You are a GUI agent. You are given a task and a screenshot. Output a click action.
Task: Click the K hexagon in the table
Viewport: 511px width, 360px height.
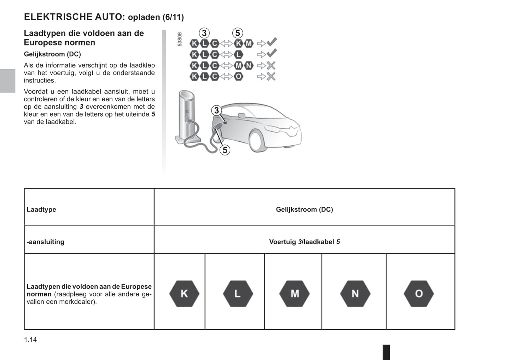(x=184, y=294)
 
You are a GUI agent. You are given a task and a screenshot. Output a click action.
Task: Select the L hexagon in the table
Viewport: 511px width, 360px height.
(x=238, y=294)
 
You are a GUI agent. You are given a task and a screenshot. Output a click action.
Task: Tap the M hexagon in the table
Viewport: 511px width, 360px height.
(x=295, y=294)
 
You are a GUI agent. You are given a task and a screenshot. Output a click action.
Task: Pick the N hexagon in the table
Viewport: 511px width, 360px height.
(x=355, y=294)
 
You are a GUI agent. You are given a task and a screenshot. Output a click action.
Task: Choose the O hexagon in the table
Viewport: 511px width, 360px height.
(x=419, y=294)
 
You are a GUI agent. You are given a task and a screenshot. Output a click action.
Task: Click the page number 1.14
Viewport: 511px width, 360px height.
(x=30, y=340)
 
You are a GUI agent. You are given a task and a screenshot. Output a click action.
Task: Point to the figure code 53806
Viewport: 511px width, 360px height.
(x=180, y=39)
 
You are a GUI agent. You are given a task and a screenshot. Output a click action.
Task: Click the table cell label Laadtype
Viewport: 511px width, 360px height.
(x=41, y=209)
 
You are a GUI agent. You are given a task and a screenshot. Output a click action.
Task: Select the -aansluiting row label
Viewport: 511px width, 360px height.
(x=46, y=242)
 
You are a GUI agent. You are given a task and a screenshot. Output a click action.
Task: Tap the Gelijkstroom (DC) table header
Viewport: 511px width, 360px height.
(x=304, y=209)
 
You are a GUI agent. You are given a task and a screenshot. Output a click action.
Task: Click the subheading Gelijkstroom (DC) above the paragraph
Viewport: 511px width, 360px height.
(x=52, y=54)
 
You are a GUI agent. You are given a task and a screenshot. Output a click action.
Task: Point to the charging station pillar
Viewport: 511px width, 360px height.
(x=186, y=113)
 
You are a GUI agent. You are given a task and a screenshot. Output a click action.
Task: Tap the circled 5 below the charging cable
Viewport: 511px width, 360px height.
(x=225, y=150)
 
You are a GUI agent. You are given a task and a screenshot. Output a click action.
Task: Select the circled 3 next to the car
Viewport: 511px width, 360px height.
(x=216, y=111)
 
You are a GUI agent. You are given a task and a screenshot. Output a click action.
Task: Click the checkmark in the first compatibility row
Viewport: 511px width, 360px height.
(x=272, y=42)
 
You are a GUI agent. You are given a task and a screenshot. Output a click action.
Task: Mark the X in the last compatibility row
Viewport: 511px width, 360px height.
(x=271, y=76)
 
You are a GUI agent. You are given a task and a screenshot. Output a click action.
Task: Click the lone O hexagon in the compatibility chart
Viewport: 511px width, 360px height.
(x=239, y=76)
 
